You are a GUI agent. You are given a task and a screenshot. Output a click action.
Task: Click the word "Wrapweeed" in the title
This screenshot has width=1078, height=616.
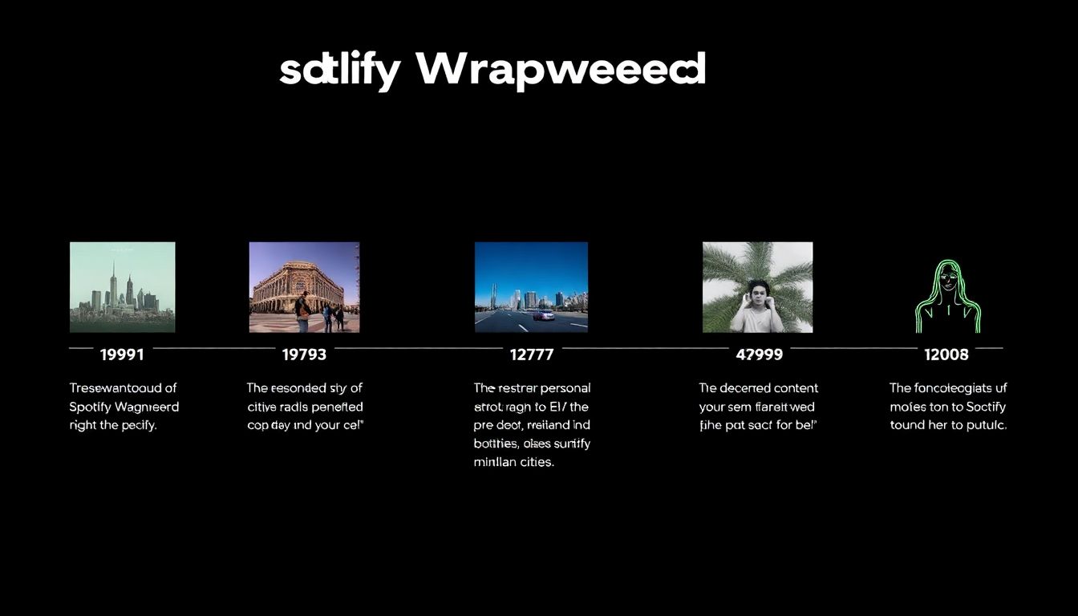pyautogui.click(x=561, y=71)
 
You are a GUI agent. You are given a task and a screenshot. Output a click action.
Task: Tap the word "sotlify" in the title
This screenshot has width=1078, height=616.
pyautogui.click(x=338, y=71)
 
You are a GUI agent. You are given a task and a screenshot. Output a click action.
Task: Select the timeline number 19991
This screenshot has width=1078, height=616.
pyautogui.click(x=122, y=354)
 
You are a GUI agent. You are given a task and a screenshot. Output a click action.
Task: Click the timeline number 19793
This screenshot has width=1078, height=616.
pyautogui.click(x=304, y=354)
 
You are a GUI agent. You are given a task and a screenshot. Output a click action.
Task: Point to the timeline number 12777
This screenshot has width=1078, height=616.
pyautogui.click(x=532, y=354)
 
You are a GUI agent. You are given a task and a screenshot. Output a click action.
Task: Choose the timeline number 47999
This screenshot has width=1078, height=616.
pyautogui.click(x=759, y=354)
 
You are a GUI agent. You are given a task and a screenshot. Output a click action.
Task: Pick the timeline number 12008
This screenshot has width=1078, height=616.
pyautogui.click(x=946, y=354)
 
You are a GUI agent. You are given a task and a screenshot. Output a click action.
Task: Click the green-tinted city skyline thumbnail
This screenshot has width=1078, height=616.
pyautogui.click(x=122, y=287)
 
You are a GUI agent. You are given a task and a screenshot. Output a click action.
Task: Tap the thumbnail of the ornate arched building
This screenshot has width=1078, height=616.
pyautogui.click(x=304, y=287)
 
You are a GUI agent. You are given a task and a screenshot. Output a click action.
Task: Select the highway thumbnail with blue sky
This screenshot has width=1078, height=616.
pyautogui.click(x=531, y=287)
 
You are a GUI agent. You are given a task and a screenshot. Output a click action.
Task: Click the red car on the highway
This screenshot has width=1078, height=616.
pyautogui.click(x=543, y=315)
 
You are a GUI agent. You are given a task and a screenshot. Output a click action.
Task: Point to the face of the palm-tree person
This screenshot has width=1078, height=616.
pyautogui.click(x=757, y=291)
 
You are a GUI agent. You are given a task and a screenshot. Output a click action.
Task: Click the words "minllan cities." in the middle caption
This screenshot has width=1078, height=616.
pyautogui.click(x=513, y=462)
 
